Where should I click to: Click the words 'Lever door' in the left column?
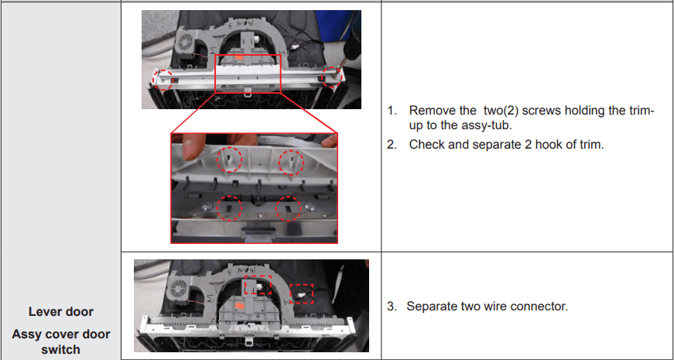pyautogui.click(x=61, y=312)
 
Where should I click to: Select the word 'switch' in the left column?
pyautogui.click(x=61, y=349)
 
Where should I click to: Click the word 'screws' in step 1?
pyautogui.click(x=534, y=111)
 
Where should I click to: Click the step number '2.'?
pyautogui.click(x=392, y=145)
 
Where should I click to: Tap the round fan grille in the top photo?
pyautogui.click(x=185, y=42)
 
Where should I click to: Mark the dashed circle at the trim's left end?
pyautogui.click(x=163, y=79)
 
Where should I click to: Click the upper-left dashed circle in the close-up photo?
pyautogui.click(x=230, y=159)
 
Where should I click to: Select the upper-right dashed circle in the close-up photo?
pyautogui.click(x=292, y=163)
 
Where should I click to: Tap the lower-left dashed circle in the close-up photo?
pyautogui.click(x=229, y=208)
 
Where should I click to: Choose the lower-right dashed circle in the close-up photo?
pyautogui.click(x=289, y=208)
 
